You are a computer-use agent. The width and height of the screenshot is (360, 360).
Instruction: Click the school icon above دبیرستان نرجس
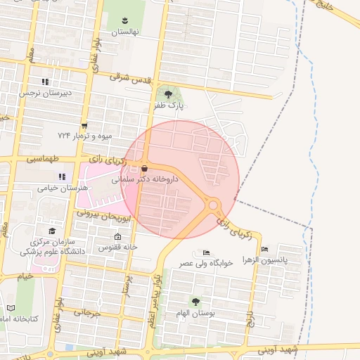click(45, 82)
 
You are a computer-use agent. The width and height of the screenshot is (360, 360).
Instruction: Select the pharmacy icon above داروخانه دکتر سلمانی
click(144, 169)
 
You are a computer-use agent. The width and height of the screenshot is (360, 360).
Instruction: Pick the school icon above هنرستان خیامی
click(62, 176)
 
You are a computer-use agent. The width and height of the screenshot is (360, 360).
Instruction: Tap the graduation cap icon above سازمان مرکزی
click(51, 230)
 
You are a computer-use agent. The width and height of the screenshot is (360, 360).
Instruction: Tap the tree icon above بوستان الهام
click(195, 301)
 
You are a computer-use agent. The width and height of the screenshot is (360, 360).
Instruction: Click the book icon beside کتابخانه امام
click(10, 307)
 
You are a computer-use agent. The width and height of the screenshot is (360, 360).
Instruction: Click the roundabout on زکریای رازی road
click(214, 205)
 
